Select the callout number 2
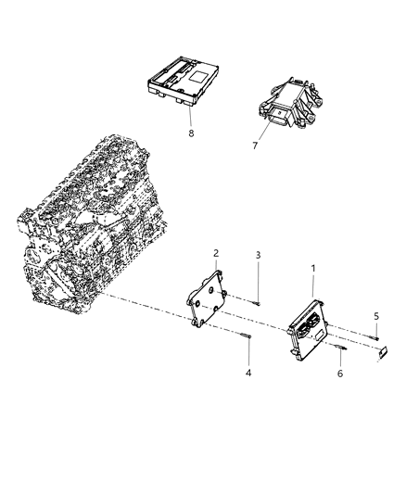(216, 253)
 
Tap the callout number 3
(260, 255)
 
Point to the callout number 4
(248, 374)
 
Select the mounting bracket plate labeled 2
(209, 298)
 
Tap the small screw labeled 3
(256, 297)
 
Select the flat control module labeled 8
(185, 81)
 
